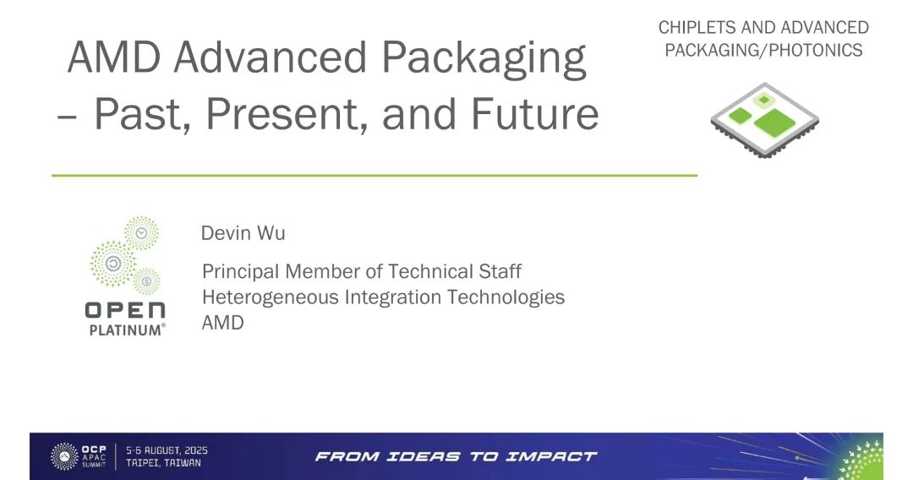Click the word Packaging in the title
(x=484, y=59)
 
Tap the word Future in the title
(x=534, y=113)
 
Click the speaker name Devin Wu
(x=243, y=232)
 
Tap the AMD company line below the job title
(x=222, y=322)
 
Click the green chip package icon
(x=764, y=121)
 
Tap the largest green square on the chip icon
(x=774, y=123)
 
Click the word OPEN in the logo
(x=125, y=311)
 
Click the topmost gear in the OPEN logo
(x=141, y=233)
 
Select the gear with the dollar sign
(x=146, y=281)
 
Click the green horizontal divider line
(x=374, y=175)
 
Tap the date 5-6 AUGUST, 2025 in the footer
(x=167, y=450)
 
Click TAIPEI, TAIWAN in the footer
(x=164, y=463)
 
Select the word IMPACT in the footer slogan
(x=551, y=456)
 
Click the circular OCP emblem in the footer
(x=64, y=456)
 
